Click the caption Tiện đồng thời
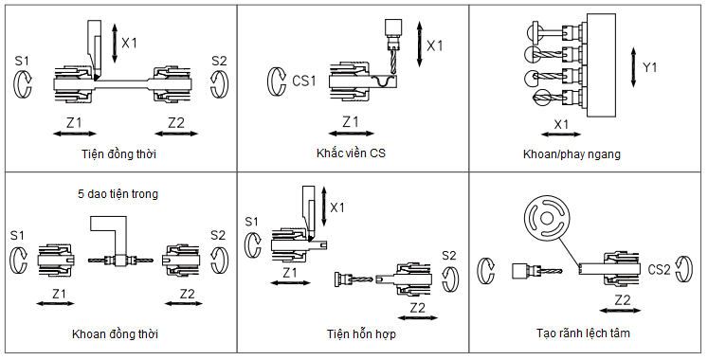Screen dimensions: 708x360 [118, 153]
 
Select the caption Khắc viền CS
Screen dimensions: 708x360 [351, 153]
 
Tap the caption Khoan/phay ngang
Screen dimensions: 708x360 [572, 154]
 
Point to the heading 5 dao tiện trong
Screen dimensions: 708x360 [118, 194]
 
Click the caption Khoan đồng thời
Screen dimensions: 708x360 [115, 334]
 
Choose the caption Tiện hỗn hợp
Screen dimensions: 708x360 [361, 334]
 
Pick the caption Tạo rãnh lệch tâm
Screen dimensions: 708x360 [583, 333]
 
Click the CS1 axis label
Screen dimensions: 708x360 [304, 81]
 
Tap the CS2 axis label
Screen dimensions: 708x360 [660, 270]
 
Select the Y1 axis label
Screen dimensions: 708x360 [649, 67]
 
